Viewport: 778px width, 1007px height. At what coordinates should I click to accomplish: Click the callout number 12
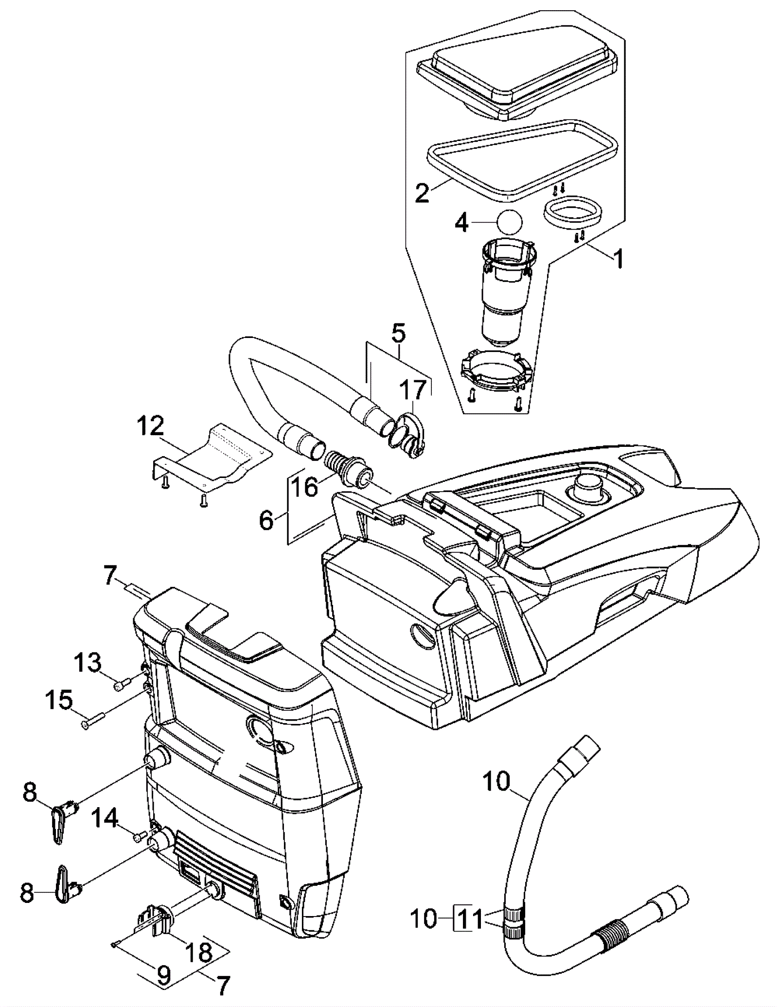[x=150, y=427]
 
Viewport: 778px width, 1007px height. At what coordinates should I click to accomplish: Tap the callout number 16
[x=305, y=486]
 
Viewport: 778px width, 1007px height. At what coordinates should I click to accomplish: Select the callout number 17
[x=413, y=389]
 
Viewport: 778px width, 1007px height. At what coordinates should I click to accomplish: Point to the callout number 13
[x=88, y=663]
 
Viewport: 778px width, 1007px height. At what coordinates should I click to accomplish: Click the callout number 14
[x=105, y=818]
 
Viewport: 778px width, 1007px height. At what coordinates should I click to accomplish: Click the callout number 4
[x=461, y=223]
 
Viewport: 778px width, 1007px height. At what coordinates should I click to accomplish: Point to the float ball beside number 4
[x=509, y=223]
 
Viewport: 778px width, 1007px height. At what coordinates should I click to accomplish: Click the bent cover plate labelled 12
[x=214, y=455]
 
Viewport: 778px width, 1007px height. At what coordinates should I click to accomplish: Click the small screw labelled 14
[x=140, y=835]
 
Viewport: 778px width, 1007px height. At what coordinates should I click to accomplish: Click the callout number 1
[x=618, y=259]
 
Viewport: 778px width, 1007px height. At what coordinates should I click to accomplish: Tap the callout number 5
[x=398, y=335]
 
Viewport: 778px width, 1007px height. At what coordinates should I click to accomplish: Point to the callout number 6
[x=266, y=520]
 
